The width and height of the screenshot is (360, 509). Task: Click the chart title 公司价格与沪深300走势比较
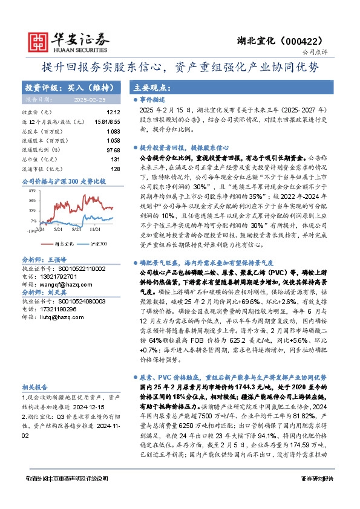pos(64,181)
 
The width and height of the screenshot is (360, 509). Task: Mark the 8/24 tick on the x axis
pos(76,230)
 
